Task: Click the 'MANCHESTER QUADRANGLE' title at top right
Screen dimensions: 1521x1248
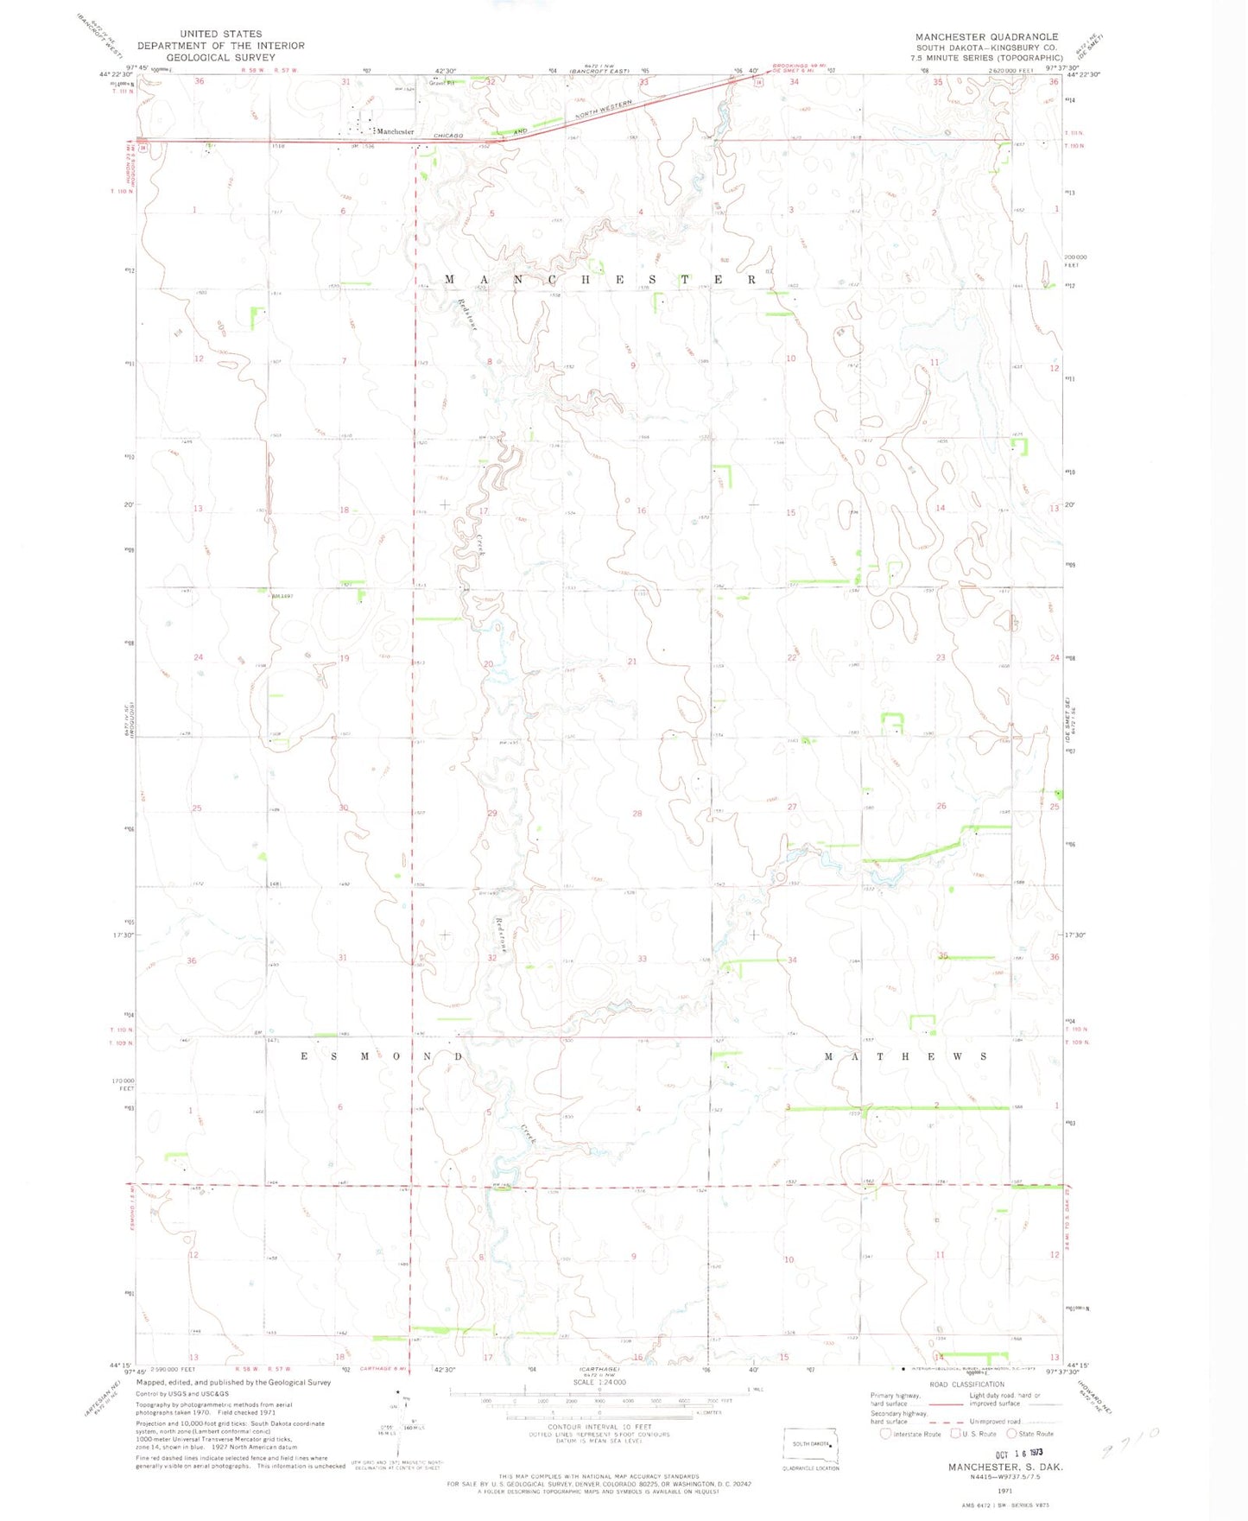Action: pos(987,37)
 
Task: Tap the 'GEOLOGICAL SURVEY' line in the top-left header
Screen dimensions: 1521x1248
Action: pos(220,58)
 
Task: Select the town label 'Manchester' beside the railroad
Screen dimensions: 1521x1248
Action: pos(396,131)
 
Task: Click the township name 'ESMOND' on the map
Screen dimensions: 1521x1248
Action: pos(381,1056)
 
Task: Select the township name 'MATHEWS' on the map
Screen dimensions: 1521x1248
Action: pos(905,1056)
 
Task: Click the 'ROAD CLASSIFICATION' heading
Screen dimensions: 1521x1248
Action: pos(966,1384)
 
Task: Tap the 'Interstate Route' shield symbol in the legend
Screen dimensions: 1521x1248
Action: pos(884,1434)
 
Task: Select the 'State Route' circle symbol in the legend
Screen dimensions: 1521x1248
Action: pos(1013,1434)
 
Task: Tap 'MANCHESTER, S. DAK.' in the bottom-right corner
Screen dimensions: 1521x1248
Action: pos(1005,1467)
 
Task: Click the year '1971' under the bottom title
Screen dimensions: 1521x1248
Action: pos(1004,1490)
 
